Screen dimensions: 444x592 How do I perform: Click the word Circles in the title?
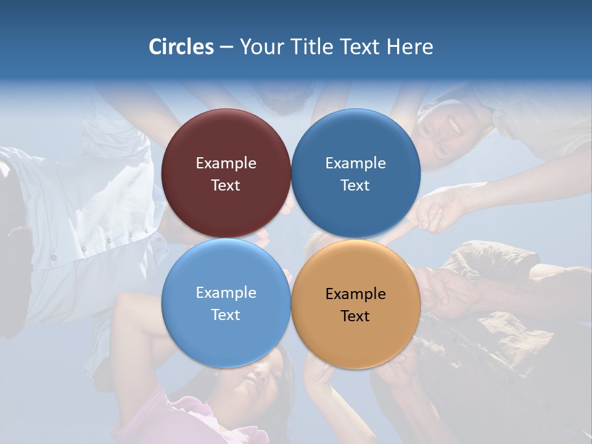181,47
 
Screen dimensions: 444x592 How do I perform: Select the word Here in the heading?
409,47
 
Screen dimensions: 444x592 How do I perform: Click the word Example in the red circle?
226,163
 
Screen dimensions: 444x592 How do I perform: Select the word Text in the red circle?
226,185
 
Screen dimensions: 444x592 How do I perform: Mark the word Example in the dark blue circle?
356,163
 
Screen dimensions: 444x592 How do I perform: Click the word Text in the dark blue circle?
355,185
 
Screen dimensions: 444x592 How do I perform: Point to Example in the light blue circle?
226,293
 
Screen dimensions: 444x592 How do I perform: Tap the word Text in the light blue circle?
226,314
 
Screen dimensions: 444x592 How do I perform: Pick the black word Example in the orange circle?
356,294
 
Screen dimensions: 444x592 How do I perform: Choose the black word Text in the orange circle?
355,316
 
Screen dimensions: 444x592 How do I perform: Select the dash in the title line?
226,47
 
